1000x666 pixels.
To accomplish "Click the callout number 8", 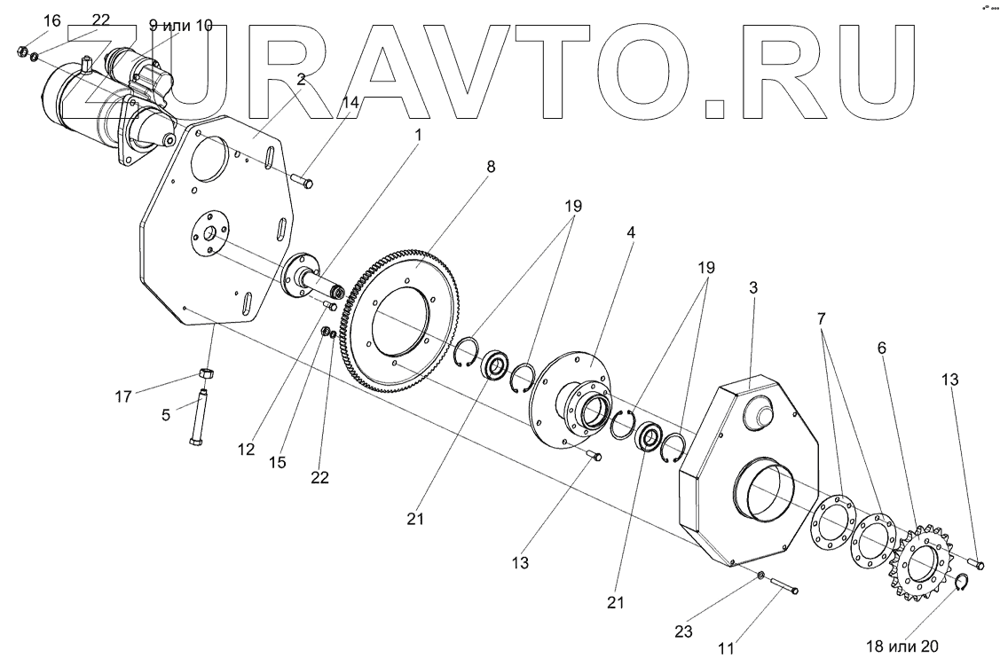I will click(x=491, y=166).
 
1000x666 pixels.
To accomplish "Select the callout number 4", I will click(x=630, y=233).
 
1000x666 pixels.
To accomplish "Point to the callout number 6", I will click(x=881, y=349).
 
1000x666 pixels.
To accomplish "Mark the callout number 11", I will click(x=726, y=648).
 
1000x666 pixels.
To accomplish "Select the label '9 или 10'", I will click(x=181, y=26).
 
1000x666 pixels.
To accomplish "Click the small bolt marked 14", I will click(x=303, y=183).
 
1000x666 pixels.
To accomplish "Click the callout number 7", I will click(x=822, y=317).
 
